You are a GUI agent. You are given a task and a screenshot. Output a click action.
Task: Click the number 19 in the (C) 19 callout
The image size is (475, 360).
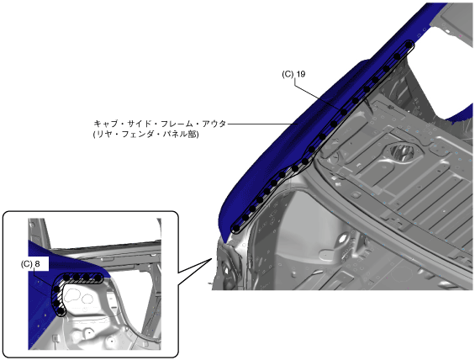pyautogui.click(x=301, y=74)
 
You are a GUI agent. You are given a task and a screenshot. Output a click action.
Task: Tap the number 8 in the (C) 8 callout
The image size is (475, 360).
pyautogui.click(x=37, y=264)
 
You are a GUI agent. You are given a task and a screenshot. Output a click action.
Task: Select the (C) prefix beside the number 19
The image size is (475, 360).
pyautogui.click(x=288, y=74)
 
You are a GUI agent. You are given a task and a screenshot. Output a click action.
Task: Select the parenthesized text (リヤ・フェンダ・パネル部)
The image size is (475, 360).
pyautogui.click(x=146, y=135)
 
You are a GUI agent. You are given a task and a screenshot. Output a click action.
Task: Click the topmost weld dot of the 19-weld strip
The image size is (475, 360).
pyautogui.click(x=409, y=45)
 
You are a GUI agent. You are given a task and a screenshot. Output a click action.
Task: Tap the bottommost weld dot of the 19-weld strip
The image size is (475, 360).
pyautogui.click(x=236, y=228)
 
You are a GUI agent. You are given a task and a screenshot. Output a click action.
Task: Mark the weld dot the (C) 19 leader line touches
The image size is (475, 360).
pyautogui.click(x=344, y=113)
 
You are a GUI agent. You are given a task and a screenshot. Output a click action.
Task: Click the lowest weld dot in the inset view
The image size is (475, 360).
pyautogui.click(x=61, y=311)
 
